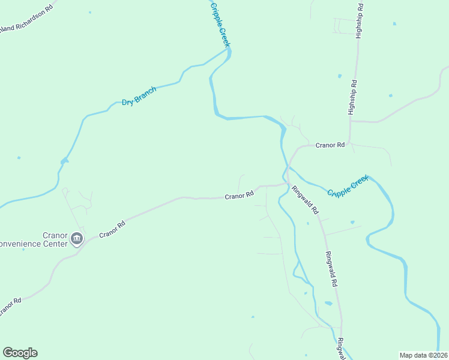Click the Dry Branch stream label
tap(139, 97)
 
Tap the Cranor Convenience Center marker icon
tap(77, 239)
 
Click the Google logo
tap(20, 353)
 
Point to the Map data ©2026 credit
tap(423, 355)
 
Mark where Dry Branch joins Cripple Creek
tap(229, 52)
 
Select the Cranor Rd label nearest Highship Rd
tap(330, 145)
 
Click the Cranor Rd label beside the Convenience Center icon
tap(112, 228)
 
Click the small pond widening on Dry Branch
tap(64, 161)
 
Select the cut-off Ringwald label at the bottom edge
tap(340, 349)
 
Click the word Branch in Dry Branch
tap(146, 94)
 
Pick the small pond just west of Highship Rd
tap(339, 76)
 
